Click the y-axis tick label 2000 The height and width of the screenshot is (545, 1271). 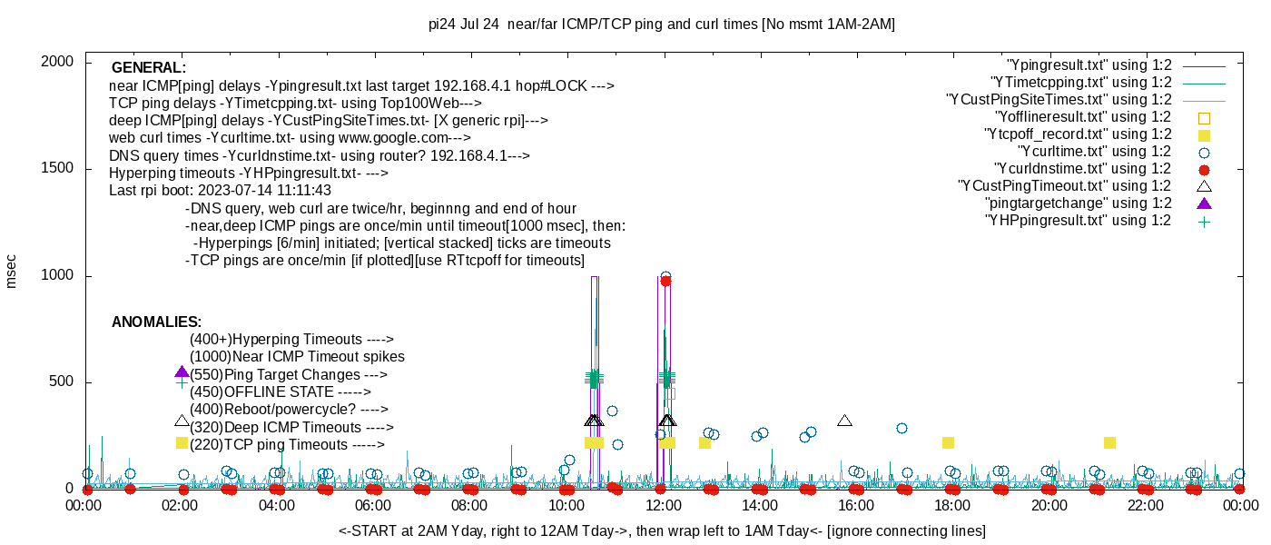point(58,62)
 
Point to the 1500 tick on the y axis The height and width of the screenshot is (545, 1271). point(58,169)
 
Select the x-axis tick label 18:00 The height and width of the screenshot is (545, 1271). point(952,505)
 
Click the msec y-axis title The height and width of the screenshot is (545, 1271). point(11,271)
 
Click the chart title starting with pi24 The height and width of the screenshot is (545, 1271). point(662,25)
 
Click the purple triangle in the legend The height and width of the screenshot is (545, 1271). point(1204,203)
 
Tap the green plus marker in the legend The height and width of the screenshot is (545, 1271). point(1204,221)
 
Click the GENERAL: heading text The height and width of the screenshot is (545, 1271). point(149,68)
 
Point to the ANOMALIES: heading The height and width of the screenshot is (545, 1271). point(156,322)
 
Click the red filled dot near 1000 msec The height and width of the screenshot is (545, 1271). point(665,281)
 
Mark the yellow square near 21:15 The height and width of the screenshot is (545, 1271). point(1109,443)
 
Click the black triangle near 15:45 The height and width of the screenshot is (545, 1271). point(844,421)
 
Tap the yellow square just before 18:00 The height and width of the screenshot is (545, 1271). point(948,443)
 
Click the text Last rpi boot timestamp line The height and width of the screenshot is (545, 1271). point(220,191)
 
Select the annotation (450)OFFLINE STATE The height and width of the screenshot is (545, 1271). point(280,392)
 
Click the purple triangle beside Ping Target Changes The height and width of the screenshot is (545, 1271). point(182,372)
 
